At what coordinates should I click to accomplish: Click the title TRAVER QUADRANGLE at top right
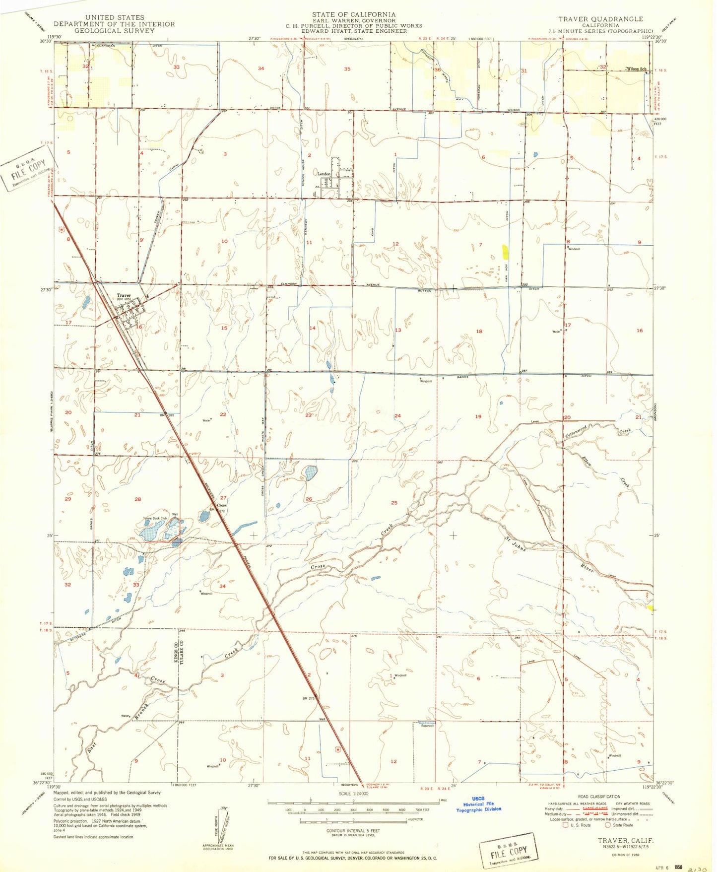click(x=600, y=19)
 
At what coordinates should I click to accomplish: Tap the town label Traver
click(x=124, y=296)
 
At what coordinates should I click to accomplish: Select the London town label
click(x=324, y=174)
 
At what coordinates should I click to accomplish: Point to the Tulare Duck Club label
click(x=155, y=519)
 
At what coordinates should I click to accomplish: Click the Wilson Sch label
click(x=636, y=68)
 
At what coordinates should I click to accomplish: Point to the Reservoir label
click(x=427, y=726)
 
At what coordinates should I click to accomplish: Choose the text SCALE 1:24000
click(x=353, y=794)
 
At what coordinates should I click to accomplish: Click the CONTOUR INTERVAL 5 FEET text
click(x=353, y=830)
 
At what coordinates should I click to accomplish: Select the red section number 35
click(x=347, y=69)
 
